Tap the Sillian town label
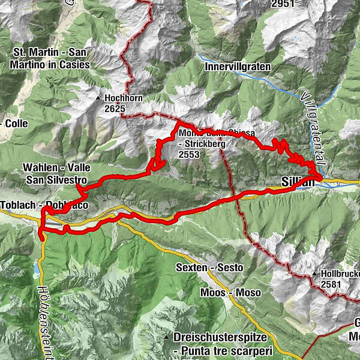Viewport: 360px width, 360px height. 298,181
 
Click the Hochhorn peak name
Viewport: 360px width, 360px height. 122,97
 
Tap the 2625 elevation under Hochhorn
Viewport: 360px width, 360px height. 115,109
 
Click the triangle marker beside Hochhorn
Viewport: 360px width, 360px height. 98,97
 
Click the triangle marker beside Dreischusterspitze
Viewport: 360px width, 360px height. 167,338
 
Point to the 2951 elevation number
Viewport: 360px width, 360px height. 283,4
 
